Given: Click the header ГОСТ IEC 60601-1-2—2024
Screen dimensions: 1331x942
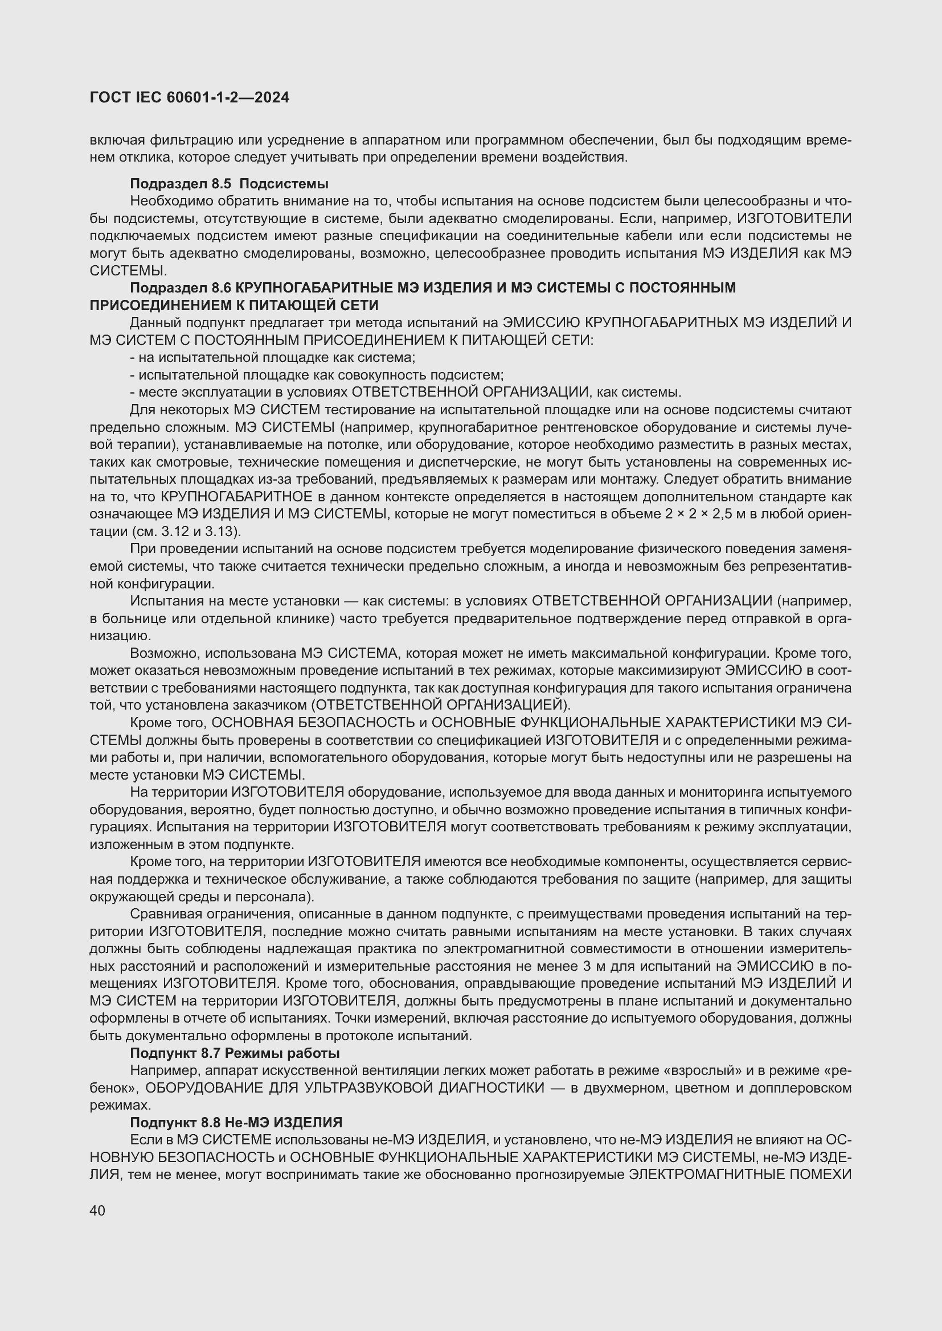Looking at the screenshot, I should click(189, 98).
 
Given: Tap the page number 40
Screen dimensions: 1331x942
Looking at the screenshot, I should click(97, 1210).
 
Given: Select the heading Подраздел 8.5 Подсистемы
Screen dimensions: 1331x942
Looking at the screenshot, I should click(229, 184).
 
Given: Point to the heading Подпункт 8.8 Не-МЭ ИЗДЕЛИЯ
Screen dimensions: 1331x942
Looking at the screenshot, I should click(236, 1122).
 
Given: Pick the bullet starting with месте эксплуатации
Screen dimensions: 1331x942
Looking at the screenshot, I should click(406, 392).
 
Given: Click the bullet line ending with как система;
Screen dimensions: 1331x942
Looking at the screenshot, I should click(273, 357).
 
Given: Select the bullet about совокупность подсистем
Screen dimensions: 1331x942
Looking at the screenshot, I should click(317, 374).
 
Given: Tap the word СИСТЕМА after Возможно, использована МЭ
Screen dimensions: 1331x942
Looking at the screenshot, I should click(362, 653).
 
